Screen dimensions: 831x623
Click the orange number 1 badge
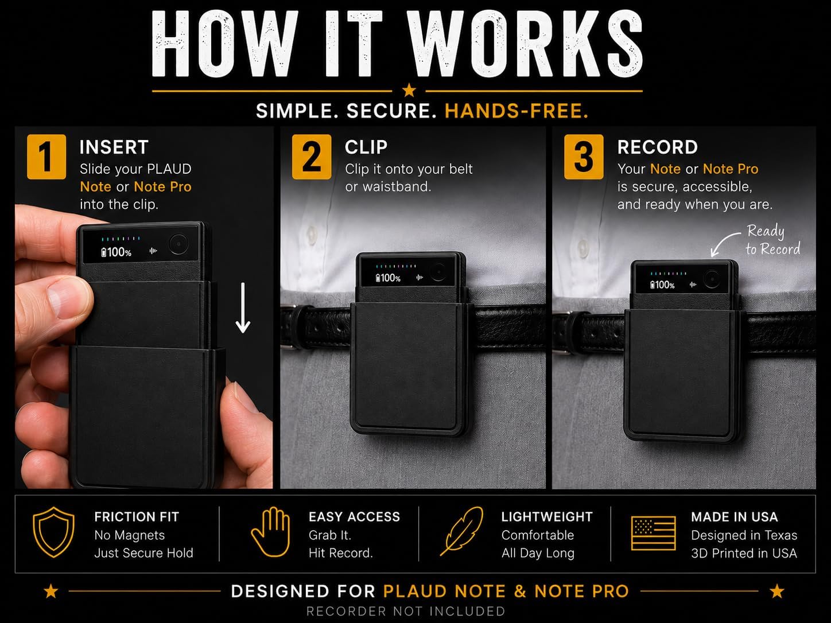pos(46,157)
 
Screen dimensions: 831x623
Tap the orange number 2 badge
pos(312,157)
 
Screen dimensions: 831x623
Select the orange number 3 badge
pos(584,157)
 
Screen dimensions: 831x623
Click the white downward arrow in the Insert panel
pos(243,308)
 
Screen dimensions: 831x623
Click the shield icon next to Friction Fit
pos(54,532)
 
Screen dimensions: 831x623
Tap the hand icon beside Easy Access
pos(271,532)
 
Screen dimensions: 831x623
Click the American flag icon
pos(654,534)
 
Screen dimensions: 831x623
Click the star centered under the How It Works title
pos(409,91)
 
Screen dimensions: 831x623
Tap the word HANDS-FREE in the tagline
pos(517,111)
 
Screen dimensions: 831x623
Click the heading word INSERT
pos(114,147)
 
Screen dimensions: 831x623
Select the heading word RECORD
pos(658,147)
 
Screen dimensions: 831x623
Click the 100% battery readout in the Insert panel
pos(117,252)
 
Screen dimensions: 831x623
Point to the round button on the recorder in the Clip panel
pos(438,272)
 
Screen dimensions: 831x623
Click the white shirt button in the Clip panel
pos(312,233)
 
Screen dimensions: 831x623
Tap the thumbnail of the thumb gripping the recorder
pos(64,299)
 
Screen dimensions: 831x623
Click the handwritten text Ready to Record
pos(772,240)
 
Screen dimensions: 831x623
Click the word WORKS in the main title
pos(526,44)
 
